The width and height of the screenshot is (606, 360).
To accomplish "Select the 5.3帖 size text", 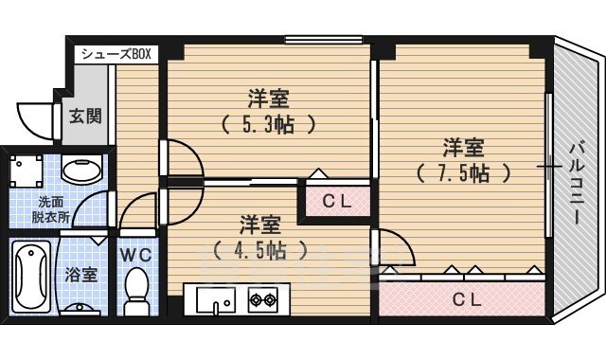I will (268, 123).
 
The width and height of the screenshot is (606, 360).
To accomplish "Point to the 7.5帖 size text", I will (463, 173).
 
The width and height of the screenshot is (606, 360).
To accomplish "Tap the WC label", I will (136, 255).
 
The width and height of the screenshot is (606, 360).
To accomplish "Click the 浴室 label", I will (80, 277).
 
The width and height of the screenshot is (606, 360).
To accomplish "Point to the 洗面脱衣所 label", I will (52, 209).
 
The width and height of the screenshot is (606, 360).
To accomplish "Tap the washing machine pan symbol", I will (27, 171).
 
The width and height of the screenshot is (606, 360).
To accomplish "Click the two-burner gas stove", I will (261, 302).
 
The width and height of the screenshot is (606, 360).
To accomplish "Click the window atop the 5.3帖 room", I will (312, 40).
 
